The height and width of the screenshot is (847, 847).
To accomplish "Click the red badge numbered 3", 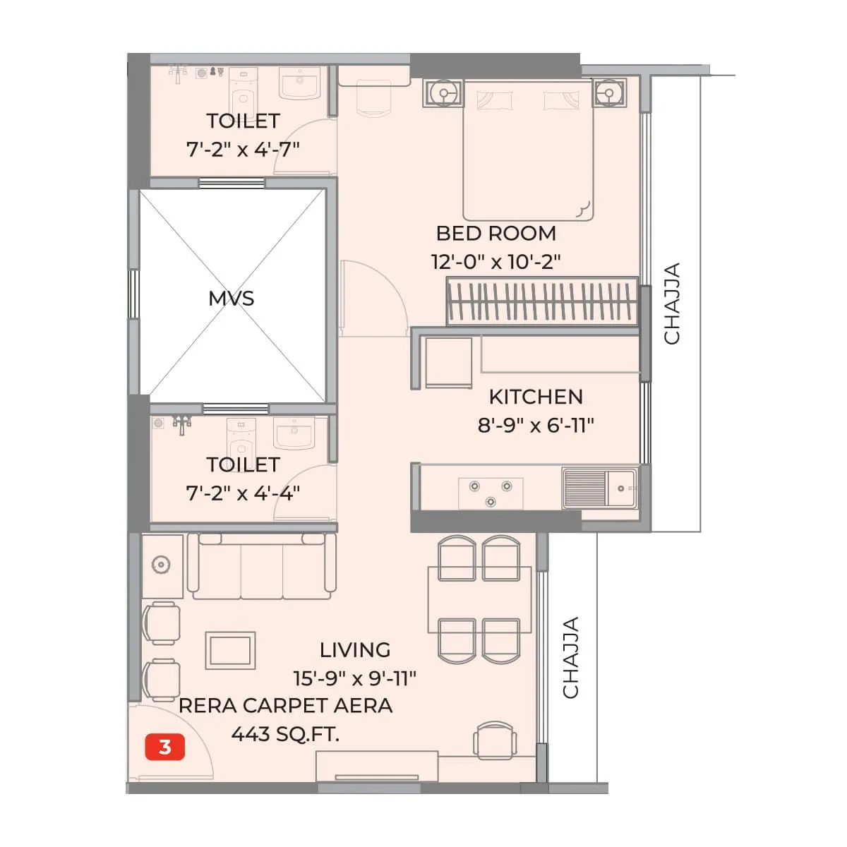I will (164, 747).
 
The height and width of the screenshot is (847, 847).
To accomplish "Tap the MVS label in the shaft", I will (231, 298).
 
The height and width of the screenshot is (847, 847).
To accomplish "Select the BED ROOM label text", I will (495, 233).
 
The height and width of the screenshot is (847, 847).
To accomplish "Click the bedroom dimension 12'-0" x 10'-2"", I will (495, 262).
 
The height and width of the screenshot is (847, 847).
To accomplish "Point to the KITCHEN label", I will (536, 397).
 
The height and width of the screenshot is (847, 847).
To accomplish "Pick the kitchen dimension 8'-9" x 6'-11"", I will (536, 425).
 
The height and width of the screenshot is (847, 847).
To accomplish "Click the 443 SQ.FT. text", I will (285, 734).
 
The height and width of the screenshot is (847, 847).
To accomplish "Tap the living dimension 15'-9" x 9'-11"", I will (354, 678).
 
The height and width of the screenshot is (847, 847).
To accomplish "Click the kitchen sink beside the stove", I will (600, 488).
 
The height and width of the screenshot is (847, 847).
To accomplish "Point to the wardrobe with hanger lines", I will (541, 301).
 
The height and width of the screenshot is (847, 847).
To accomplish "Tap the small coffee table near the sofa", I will (230, 650).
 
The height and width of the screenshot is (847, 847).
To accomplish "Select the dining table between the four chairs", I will (479, 599).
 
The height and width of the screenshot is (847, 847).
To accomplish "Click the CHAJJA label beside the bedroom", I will (672, 304).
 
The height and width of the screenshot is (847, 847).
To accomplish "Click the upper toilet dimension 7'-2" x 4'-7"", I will (243, 149).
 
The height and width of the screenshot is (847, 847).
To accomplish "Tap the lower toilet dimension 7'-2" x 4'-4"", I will (243, 493).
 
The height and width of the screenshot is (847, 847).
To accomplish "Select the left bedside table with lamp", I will (443, 93).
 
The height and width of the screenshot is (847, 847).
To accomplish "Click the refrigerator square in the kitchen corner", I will (447, 362).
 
